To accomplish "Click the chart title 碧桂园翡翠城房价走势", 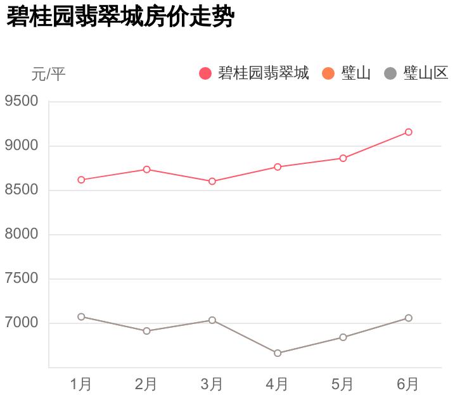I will (x=120, y=18).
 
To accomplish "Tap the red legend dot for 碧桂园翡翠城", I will (x=205, y=73).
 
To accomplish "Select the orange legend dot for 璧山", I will (x=328, y=73).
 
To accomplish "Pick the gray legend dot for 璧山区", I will (x=390, y=73).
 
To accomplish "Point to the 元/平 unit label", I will (x=48, y=74).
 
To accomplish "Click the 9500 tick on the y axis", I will (x=22, y=102).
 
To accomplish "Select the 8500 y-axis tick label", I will (x=22, y=190).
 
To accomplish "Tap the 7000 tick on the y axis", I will (x=22, y=323).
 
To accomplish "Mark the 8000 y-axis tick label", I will (x=22, y=235).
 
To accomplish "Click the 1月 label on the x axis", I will (x=81, y=384).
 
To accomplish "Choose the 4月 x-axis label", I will (x=278, y=384).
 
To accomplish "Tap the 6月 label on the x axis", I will (x=408, y=384).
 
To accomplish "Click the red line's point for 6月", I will (x=409, y=132).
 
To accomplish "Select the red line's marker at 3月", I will (x=212, y=182).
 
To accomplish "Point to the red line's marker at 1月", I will (x=81, y=180).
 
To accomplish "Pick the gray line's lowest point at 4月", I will (x=278, y=353).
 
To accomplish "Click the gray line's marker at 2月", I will (x=146, y=331).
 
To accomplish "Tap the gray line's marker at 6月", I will (x=409, y=318).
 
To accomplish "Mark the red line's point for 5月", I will (x=343, y=158).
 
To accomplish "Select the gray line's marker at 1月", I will (x=81, y=317).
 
